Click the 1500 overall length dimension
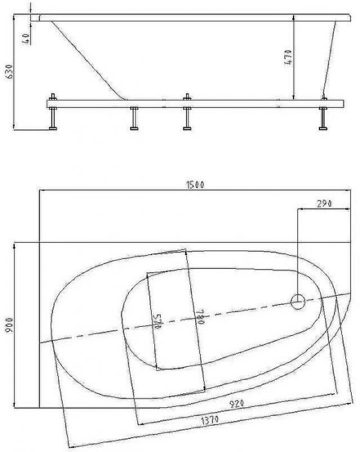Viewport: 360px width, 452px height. coord(195,185)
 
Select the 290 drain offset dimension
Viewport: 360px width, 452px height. coord(325,203)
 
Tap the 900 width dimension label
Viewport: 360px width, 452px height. coord(10,325)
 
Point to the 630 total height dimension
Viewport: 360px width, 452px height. coord(10,72)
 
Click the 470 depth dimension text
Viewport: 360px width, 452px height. coord(288,57)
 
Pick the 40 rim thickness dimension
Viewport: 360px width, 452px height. coord(26,39)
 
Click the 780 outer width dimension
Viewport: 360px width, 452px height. coord(201,316)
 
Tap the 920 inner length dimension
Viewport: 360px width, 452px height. coord(236,404)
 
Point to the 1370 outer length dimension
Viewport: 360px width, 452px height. coord(210,420)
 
